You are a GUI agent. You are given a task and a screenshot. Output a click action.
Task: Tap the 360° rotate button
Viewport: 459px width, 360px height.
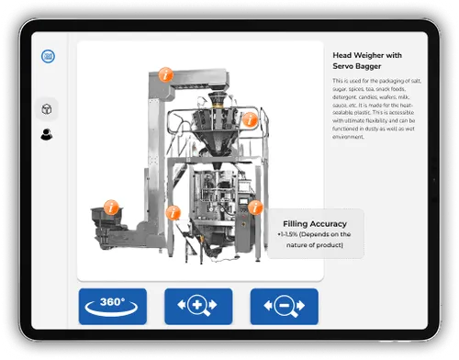point(112,306)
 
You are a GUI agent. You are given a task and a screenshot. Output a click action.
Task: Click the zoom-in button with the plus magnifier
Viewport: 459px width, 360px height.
point(198,306)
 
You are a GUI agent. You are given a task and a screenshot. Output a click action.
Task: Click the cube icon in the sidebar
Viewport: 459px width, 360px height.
point(46,108)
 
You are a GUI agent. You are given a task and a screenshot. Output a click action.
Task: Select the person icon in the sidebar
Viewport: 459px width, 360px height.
point(46,135)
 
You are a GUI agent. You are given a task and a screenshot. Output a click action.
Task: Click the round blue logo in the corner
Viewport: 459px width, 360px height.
point(48,55)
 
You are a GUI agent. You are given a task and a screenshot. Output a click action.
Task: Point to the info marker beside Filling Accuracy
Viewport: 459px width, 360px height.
point(255,208)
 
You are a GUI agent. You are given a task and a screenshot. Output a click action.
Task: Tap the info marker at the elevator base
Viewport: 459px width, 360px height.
point(172,212)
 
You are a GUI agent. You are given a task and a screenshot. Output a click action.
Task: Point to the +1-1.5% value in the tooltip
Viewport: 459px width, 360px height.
point(291,235)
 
